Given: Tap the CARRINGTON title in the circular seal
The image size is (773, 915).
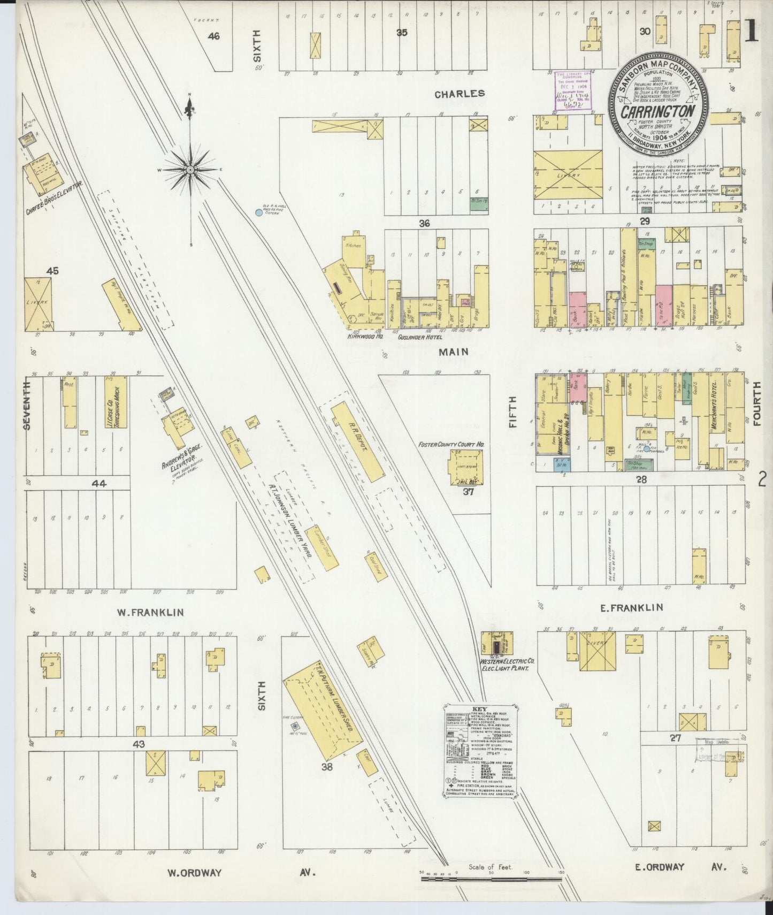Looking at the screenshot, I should point(657,112).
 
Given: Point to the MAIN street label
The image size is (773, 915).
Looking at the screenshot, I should point(454,352).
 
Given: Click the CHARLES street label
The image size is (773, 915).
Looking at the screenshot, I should point(460,94).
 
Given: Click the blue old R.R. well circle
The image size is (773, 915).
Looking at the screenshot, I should point(258,212).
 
